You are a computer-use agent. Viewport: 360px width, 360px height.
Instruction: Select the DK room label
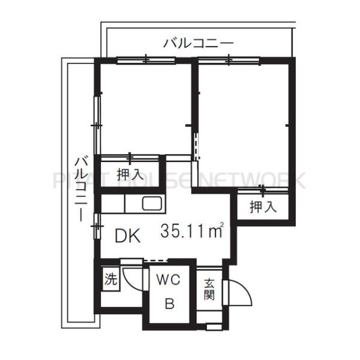[128, 236]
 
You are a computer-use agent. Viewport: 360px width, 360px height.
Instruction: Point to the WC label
[169, 280]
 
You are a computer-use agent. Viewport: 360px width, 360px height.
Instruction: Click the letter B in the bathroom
[170, 304]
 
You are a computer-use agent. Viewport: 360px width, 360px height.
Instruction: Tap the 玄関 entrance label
[209, 288]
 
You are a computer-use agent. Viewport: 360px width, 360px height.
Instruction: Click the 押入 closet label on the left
[130, 175]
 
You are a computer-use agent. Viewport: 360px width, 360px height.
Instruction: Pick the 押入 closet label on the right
[263, 208]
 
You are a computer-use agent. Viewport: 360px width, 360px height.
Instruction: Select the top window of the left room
[146, 59]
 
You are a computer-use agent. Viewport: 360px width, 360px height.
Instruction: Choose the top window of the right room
[229, 59]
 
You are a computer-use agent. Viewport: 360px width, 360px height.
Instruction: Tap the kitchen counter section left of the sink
[112, 204]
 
